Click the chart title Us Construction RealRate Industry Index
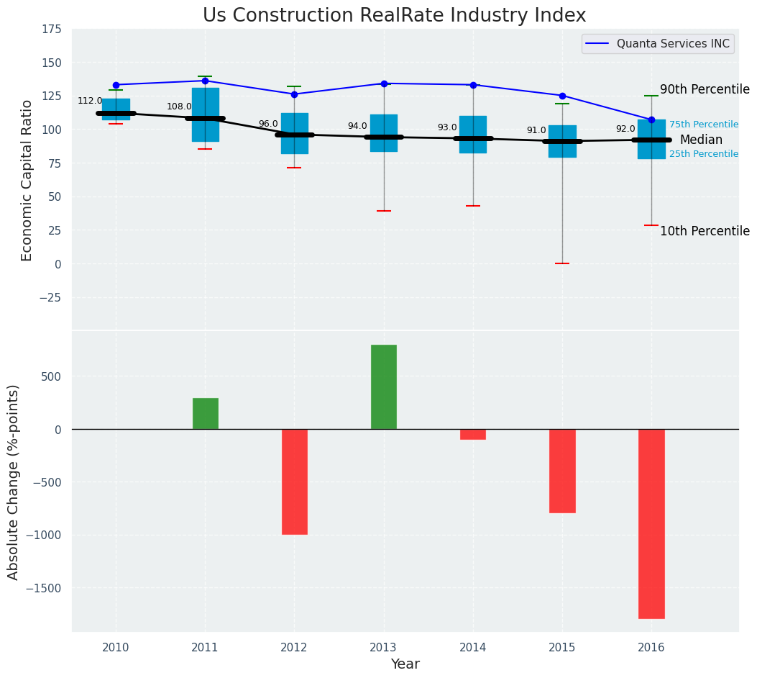[394, 16]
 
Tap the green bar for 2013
[384, 387]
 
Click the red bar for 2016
[651, 523]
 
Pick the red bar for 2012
[295, 482]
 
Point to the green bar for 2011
[206, 413]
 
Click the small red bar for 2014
[473, 434]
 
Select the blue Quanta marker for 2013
[384, 83]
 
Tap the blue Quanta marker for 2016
[651, 119]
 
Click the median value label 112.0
[90, 101]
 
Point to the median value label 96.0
[268, 124]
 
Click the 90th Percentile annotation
[705, 90]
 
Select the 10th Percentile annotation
[705, 231]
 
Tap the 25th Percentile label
[703, 154]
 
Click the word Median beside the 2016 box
[701, 140]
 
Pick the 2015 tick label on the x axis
[562, 648]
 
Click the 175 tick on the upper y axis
[51, 30]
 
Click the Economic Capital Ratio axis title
[27, 180]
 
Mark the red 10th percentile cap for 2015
[562, 263]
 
